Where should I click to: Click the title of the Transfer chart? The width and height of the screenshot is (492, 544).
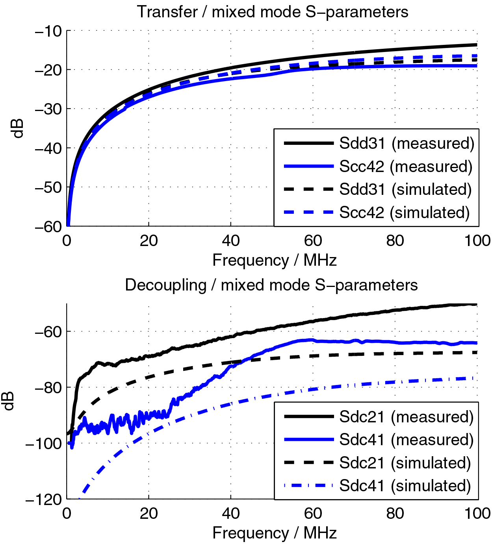(272, 12)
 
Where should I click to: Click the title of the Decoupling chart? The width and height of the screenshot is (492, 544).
(271, 285)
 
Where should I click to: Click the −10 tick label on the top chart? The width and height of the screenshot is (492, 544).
(48, 31)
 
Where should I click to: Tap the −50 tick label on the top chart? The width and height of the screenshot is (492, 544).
(48, 187)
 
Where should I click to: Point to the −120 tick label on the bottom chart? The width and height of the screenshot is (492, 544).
(43, 500)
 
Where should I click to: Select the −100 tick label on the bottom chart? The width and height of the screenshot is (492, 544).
(43, 444)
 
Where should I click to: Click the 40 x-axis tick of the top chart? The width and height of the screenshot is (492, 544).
(230, 241)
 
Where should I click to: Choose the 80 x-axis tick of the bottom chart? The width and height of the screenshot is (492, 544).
(395, 513)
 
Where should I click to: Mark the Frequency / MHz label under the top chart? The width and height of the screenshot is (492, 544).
(274, 260)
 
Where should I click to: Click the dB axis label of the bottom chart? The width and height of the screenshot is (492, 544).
(9, 401)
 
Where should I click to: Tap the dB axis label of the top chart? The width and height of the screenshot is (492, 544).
(18, 128)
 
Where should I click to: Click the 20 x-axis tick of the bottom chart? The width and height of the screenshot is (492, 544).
(149, 513)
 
